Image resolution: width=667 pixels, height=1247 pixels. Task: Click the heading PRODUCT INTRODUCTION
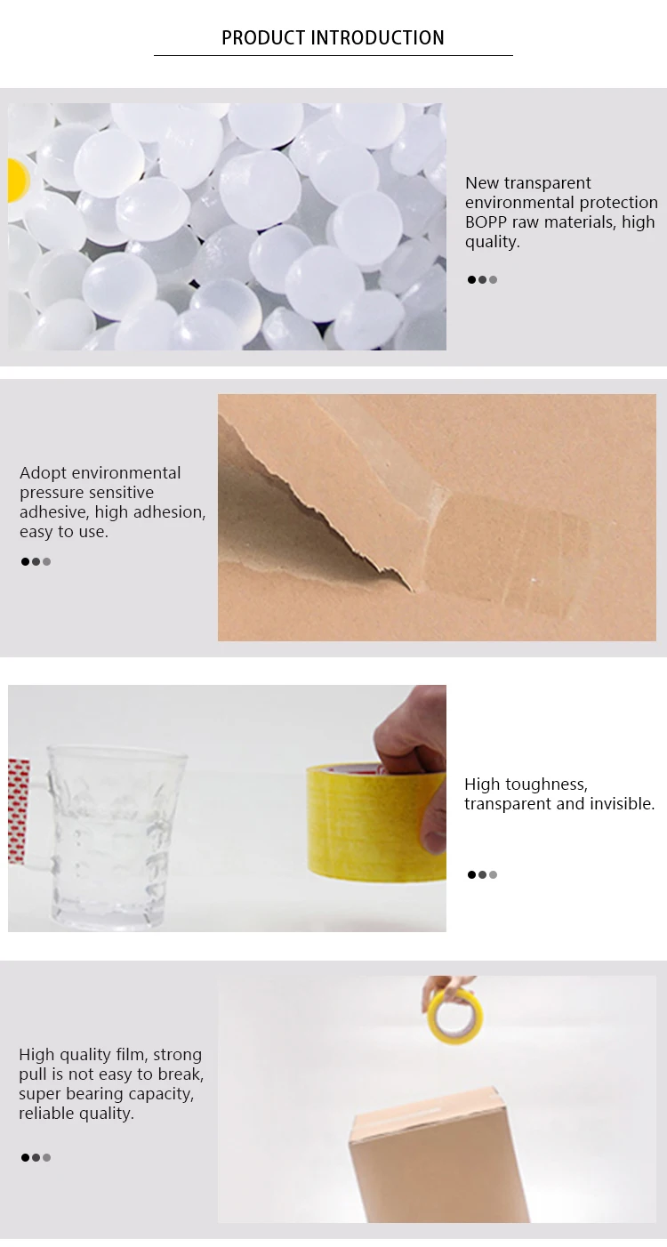click(333, 38)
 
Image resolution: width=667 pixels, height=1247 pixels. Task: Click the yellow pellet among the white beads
click(17, 181)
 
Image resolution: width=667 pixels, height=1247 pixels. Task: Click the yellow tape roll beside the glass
click(376, 822)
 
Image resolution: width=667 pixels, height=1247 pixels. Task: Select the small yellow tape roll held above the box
click(454, 1015)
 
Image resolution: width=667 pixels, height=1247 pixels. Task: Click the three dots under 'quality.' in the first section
click(482, 279)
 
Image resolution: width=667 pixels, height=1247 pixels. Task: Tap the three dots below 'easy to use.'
click(36, 562)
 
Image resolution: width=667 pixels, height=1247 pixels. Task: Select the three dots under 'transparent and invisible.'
click(482, 874)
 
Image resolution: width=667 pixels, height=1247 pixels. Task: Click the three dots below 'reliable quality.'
click(36, 1157)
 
